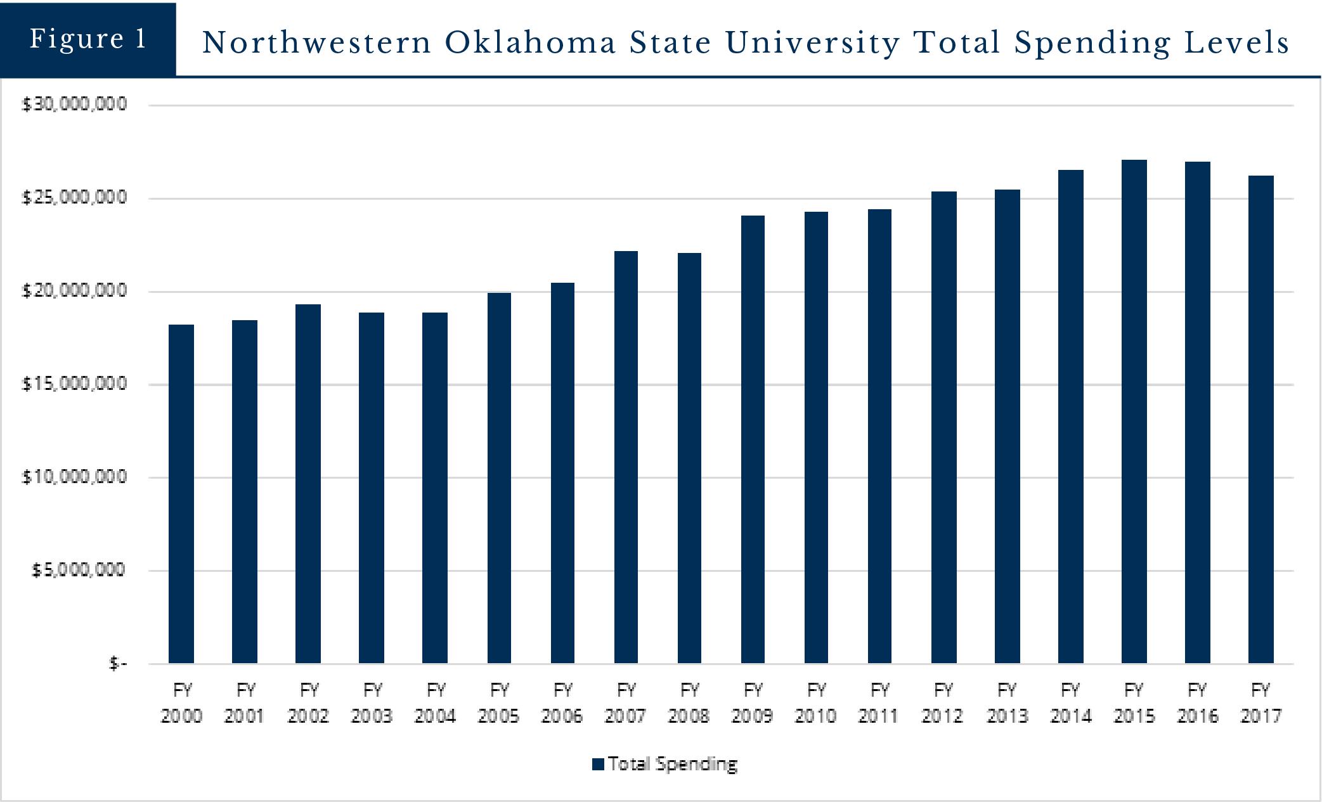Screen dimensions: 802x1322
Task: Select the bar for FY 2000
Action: pyautogui.click(x=181, y=494)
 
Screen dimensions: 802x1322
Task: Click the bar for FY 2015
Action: pyautogui.click(x=1134, y=411)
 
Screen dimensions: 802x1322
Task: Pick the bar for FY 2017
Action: pyautogui.click(x=1260, y=419)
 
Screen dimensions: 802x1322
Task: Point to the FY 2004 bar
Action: pyautogui.click(x=435, y=488)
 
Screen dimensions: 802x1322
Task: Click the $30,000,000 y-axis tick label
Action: pyautogui.click(x=75, y=104)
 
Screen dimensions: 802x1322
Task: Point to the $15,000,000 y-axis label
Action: pyautogui.click(x=75, y=384)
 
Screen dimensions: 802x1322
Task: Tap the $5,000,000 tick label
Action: pyautogui.click(x=79, y=570)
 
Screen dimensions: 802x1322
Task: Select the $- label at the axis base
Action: pyautogui.click(x=118, y=663)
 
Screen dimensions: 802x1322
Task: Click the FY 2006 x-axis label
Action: pyautogui.click(x=562, y=702)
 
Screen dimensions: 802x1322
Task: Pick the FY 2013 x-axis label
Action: pyautogui.click(x=1007, y=702)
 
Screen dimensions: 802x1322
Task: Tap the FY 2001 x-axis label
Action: pyautogui.click(x=245, y=702)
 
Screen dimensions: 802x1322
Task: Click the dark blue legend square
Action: pyautogui.click(x=597, y=764)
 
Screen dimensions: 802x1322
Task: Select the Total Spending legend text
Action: pyautogui.click(x=673, y=764)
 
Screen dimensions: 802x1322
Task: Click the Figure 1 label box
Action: pyautogui.click(x=88, y=39)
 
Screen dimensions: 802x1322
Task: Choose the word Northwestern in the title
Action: pyautogui.click(x=317, y=43)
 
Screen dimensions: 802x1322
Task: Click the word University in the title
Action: pyautogui.click(x=812, y=43)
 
